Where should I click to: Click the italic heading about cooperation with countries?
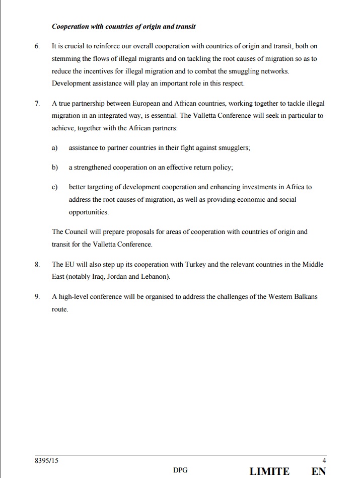click(124, 26)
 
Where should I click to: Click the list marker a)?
click(54, 148)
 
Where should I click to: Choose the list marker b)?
click(54, 167)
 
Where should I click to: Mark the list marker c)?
click(54, 187)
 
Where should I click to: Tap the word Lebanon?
click(155, 277)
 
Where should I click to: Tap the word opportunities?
click(89, 212)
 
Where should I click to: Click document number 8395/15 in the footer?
click(47, 460)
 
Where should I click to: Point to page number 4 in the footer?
click(324, 460)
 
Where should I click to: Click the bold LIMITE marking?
click(269, 471)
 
